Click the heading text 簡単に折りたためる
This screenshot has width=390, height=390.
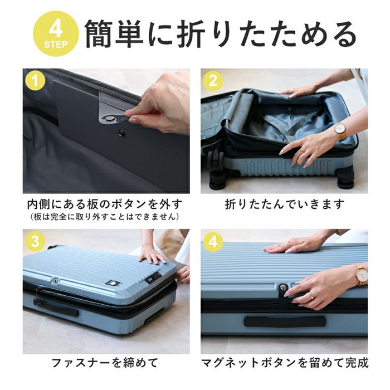(x=220, y=34)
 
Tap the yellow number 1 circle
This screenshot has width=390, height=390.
(x=35, y=81)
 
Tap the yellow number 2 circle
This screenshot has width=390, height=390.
(x=213, y=81)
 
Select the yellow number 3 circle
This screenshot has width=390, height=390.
(x=35, y=241)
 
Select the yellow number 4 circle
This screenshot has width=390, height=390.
(x=213, y=241)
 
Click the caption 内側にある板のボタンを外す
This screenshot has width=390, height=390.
(x=105, y=204)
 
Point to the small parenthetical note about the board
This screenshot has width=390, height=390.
(x=105, y=216)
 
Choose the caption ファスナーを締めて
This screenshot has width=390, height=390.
(x=105, y=363)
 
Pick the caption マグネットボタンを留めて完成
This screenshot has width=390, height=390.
(x=285, y=363)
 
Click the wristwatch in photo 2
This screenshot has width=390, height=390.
(x=339, y=131)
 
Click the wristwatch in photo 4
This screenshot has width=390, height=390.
(x=361, y=275)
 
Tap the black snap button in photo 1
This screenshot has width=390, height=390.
(x=121, y=133)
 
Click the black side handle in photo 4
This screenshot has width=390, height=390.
(x=284, y=321)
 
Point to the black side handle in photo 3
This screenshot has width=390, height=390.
(x=56, y=307)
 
